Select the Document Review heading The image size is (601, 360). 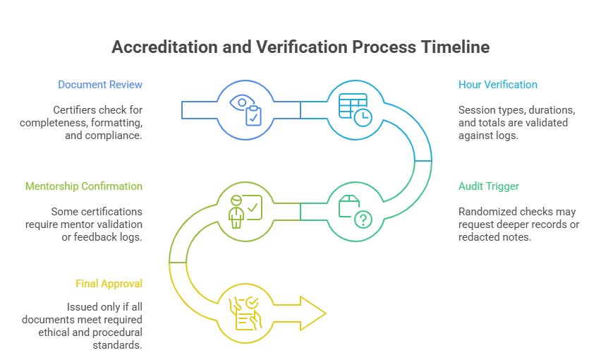tap(100, 85)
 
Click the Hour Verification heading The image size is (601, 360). tap(498, 85)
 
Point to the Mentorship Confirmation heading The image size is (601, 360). tap(84, 186)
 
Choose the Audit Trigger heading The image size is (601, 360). tap(489, 186)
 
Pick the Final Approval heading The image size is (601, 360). tap(109, 284)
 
